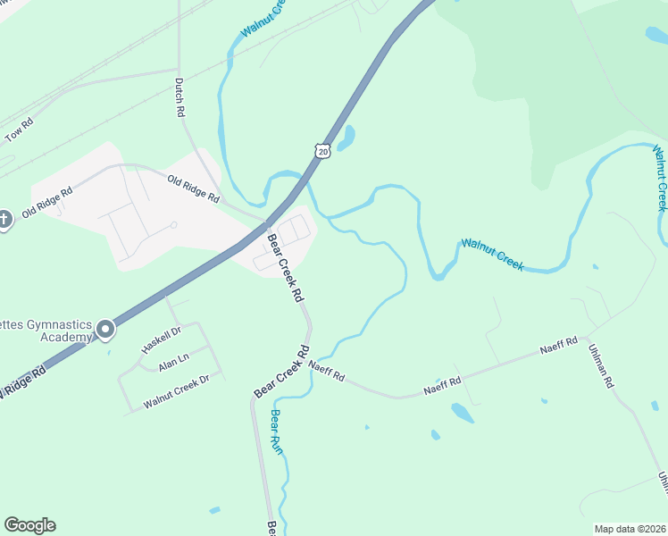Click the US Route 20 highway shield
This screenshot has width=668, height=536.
[323, 151]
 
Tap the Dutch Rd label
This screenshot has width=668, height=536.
[180, 98]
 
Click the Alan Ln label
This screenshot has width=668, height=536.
[173, 362]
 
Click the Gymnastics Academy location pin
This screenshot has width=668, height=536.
[105, 330]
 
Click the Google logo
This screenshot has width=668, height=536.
[29, 525]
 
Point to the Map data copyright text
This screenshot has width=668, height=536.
[630, 528]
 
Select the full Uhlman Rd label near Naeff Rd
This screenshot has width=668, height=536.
[600, 366]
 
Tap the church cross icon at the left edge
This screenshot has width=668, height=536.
[4, 219]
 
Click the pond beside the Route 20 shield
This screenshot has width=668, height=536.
[345, 138]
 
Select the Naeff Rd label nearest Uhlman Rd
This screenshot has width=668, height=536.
[558, 347]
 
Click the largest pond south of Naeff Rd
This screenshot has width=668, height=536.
[462, 412]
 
